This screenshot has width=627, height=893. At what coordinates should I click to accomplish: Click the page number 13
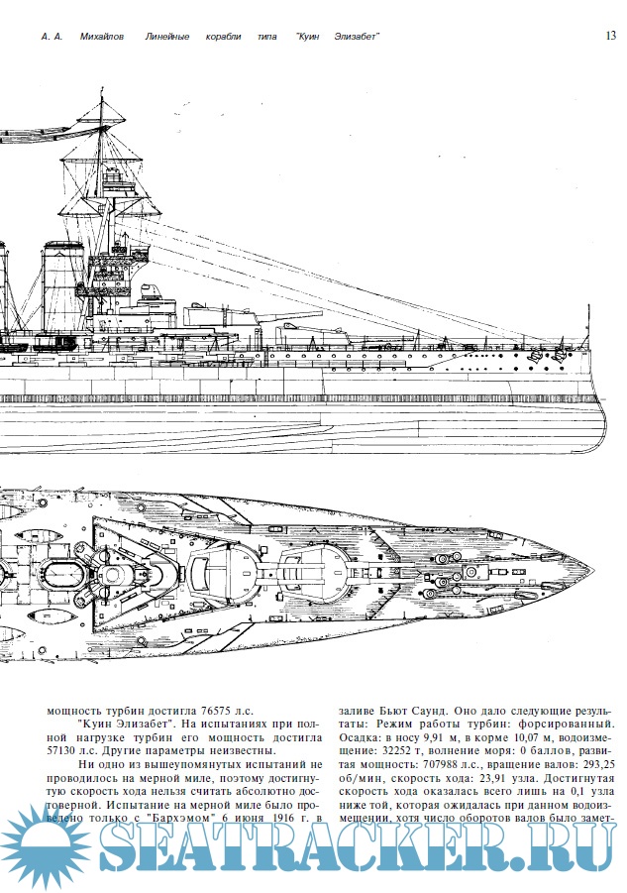point(609,36)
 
